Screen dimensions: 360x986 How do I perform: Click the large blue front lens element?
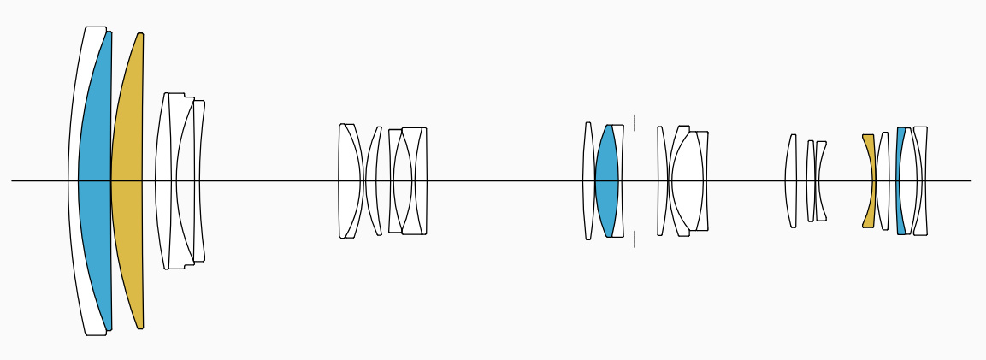(x=94, y=181)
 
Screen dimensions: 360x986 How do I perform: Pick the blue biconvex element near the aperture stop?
(x=606, y=181)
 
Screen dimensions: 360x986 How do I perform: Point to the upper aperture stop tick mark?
(x=635, y=121)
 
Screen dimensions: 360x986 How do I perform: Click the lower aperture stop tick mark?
(x=635, y=239)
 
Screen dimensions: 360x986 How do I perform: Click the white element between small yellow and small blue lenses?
(x=883, y=181)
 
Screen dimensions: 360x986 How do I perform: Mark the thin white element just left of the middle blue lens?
(x=588, y=181)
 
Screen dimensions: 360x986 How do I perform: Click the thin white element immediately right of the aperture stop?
(x=661, y=181)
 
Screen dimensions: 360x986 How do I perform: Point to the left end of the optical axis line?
(x=12, y=181)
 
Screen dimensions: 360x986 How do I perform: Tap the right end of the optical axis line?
(x=971, y=181)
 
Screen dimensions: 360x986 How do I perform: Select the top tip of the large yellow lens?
(x=140, y=34)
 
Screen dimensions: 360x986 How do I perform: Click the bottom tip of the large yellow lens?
(x=140, y=328)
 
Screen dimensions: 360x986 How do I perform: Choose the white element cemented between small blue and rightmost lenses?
(x=909, y=181)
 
